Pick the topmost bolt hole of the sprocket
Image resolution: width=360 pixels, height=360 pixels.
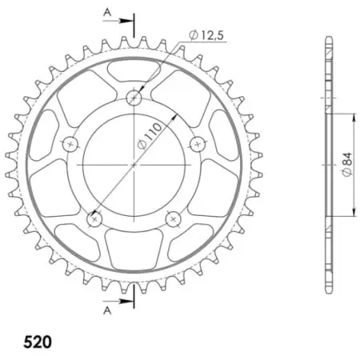pyautogui.click(x=134, y=97)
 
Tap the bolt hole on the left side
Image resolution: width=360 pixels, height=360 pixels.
pyautogui.click(x=70, y=143)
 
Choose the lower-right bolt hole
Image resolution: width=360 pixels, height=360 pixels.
pyautogui.click(x=172, y=217)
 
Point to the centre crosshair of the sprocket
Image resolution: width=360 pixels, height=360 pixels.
pyautogui.click(x=134, y=163)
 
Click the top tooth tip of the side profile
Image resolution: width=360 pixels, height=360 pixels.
pyautogui.click(x=328, y=38)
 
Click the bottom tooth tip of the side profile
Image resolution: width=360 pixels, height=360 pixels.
pyautogui.click(x=328, y=292)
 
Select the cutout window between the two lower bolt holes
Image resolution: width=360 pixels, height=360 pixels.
pyautogui.click(x=134, y=241)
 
